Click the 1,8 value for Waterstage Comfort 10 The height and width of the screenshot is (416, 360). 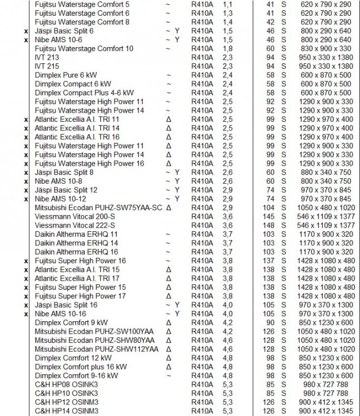click(x=227, y=48)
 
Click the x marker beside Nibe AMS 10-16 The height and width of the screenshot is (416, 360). click(x=25, y=314)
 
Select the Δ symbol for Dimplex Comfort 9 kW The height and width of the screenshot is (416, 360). click(x=169, y=322)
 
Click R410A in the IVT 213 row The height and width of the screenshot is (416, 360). click(x=202, y=57)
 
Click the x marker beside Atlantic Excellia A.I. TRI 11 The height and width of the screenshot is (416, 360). click(x=25, y=119)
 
